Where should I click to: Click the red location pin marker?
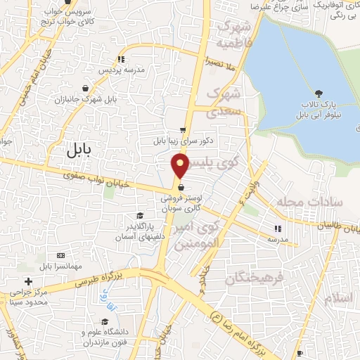pos(179,166)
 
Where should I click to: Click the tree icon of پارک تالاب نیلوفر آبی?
pos(320,94)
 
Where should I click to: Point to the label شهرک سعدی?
pos(226,101)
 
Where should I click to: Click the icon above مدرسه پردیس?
pos(121,59)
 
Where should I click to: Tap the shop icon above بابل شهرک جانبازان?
pos(86,88)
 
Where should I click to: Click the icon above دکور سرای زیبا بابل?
pos(183,130)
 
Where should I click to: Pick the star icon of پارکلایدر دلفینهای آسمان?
pos(141,217)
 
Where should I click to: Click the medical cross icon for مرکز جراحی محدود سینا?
pos(27,281)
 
